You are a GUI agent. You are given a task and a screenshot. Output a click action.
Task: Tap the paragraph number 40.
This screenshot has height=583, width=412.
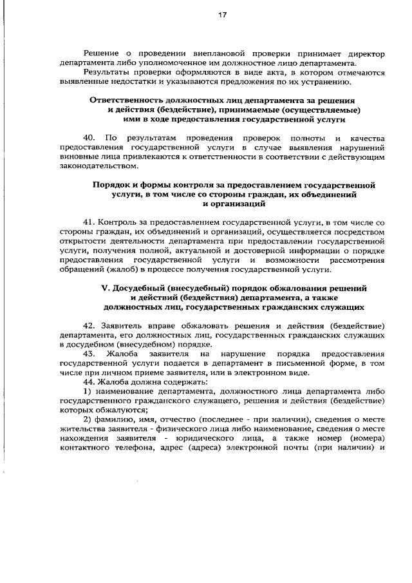(x=89, y=139)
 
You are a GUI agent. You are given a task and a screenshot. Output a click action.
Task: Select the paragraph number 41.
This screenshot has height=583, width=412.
(x=90, y=220)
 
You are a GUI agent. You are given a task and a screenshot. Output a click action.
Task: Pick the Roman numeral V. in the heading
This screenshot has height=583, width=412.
(x=107, y=288)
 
